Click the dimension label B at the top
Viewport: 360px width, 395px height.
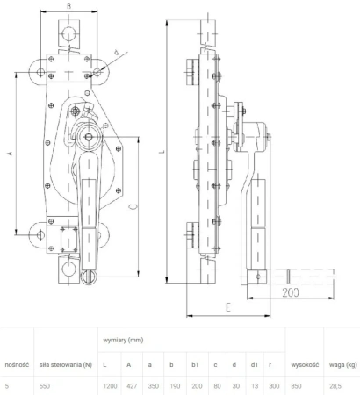[69, 5]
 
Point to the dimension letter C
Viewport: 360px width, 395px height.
[131, 206]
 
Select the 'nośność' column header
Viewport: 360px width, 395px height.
[18, 363]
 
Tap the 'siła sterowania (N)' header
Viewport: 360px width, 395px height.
[67, 363]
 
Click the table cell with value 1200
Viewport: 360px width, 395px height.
[110, 384]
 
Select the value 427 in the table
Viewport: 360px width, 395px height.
[130, 384]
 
